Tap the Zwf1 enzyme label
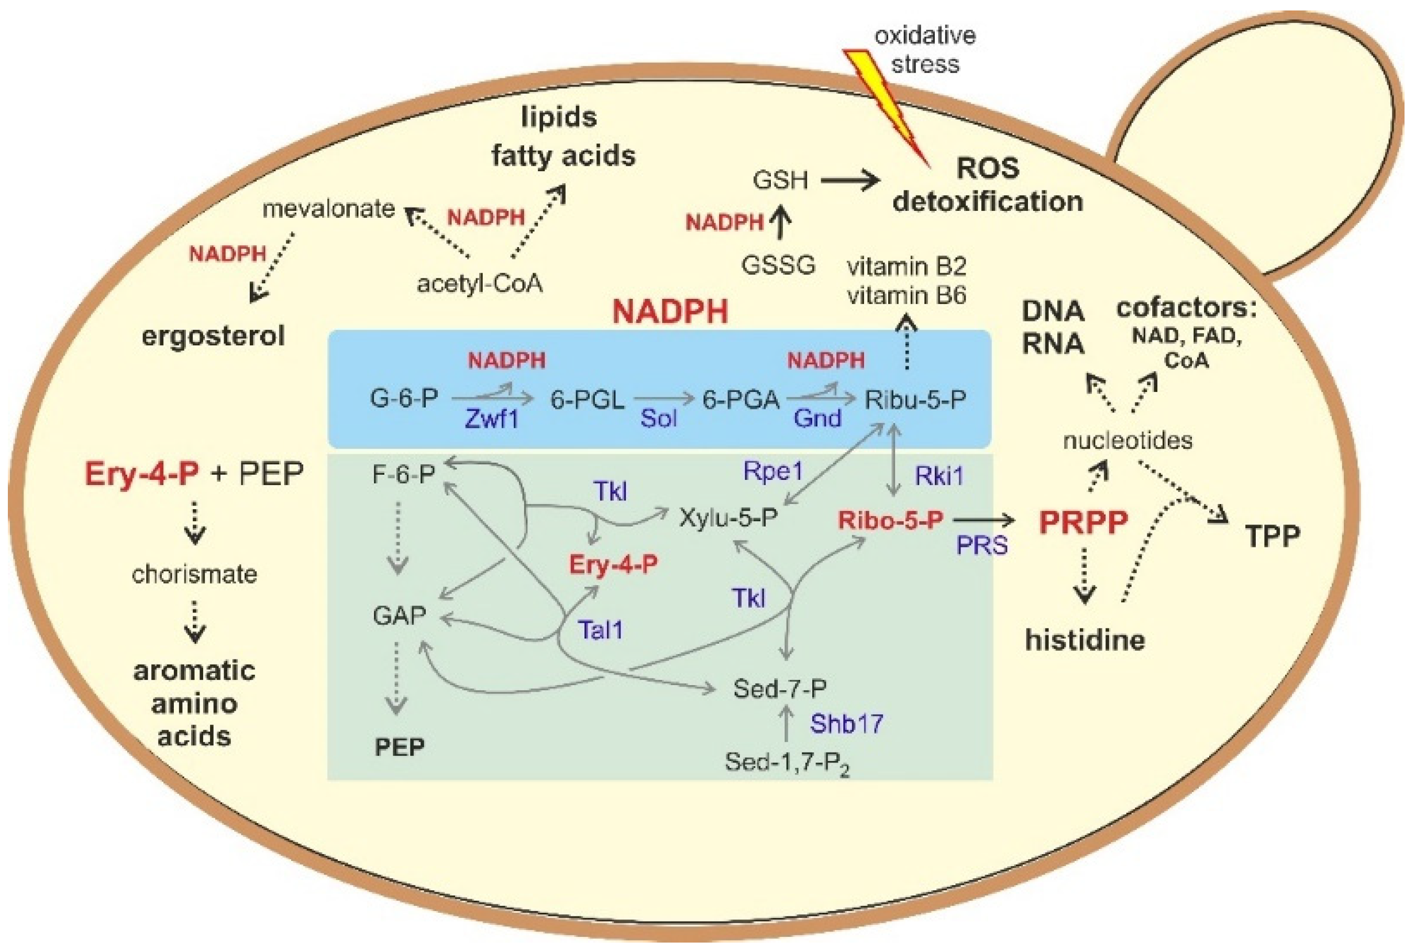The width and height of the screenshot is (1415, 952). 491,418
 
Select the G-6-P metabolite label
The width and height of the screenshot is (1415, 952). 404,399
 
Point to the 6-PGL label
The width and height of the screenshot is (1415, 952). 587,399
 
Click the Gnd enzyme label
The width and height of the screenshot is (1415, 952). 817,418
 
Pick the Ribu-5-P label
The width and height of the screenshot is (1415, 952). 915,399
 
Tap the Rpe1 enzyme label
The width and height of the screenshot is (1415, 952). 773,471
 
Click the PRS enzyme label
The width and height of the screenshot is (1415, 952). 982,545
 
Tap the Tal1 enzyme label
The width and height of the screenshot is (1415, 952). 600,630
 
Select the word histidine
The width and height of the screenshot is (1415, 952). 1085,640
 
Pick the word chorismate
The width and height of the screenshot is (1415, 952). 194,574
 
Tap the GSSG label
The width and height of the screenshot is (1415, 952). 778,265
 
